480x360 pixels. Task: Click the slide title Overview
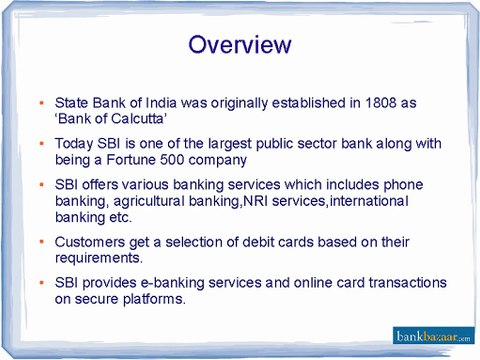pyautogui.click(x=240, y=45)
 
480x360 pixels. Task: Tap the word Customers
pyautogui.click(x=90, y=242)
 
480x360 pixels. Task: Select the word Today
pyautogui.click(x=75, y=144)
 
